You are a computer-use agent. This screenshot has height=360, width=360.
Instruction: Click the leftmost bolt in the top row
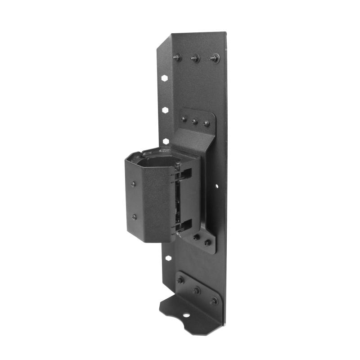(177, 57)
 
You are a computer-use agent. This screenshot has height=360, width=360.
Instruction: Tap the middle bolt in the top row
(195, 58)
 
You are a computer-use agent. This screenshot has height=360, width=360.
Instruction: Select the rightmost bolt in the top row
(215, 58)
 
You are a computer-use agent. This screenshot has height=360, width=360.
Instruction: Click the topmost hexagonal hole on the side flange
(165, 78)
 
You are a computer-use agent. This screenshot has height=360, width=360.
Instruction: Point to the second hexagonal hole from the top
(166, 109)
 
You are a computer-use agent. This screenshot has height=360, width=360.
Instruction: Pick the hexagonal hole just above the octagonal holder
(166, 141)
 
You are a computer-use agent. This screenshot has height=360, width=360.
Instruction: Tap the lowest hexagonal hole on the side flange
(168, 258)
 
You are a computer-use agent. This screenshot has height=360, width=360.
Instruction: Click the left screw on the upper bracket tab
(184, 119)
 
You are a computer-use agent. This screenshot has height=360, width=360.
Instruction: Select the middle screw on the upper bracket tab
(195, 121)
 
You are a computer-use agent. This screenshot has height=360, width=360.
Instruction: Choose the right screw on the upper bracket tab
(206, 123)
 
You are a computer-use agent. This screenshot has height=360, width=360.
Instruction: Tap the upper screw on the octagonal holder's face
(133, 184)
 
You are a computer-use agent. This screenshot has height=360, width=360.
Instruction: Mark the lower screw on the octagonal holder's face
(134, 217)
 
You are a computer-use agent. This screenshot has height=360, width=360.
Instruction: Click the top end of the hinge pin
(178, 165)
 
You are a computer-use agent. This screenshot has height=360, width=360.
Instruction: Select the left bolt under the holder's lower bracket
(196, 237)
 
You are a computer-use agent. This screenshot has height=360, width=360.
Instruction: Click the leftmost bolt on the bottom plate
(180, 280)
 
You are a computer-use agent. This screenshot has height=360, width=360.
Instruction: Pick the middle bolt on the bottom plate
(197, 290)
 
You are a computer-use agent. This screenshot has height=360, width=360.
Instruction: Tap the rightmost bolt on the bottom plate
(214, 300)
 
